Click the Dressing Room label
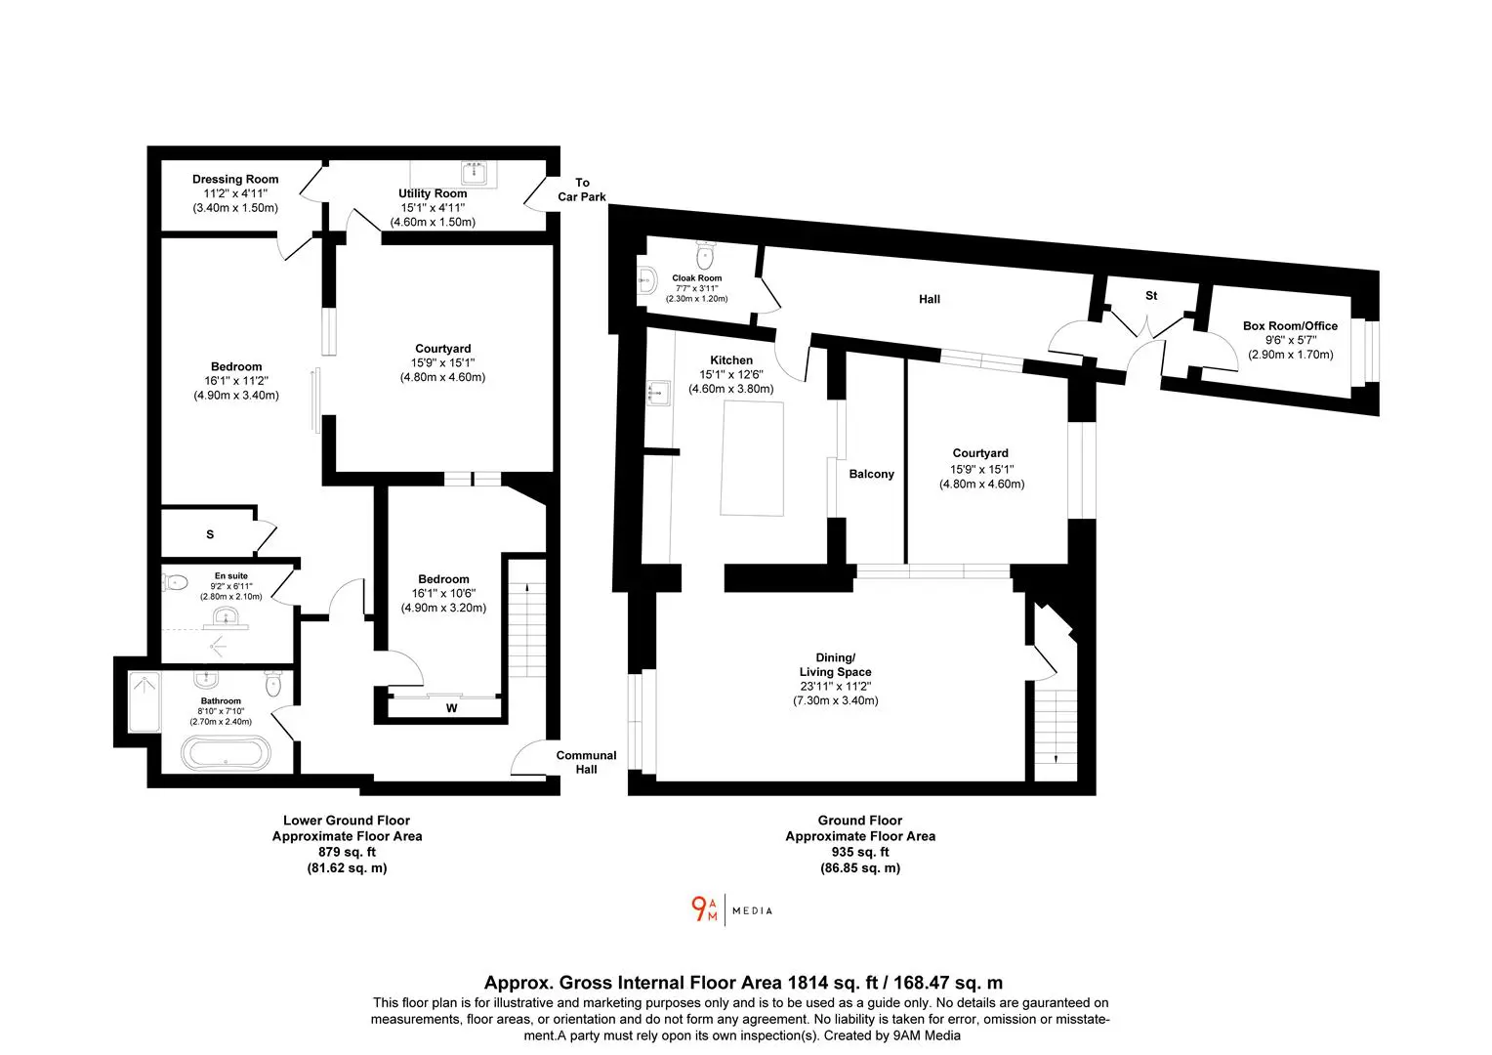click(235, 179)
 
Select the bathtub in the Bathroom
click(226, 753)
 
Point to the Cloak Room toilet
click(705, 254)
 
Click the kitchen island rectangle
click(752, 458)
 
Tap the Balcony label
click(871, 474)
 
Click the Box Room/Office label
click(1290, 326)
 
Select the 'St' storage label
click(1151, 295)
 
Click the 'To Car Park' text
click(582, 190)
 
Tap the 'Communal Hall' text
click(586, 762)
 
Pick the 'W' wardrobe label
click(451, 708)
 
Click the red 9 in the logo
click(699, 909)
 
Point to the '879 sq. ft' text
click(347, 852)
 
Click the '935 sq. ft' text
click(860, 852)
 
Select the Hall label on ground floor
click(930, 299)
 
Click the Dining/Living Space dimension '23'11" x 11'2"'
click(835, 686)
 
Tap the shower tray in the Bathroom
click(145, 701)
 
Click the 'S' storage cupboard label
click(210, 534)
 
